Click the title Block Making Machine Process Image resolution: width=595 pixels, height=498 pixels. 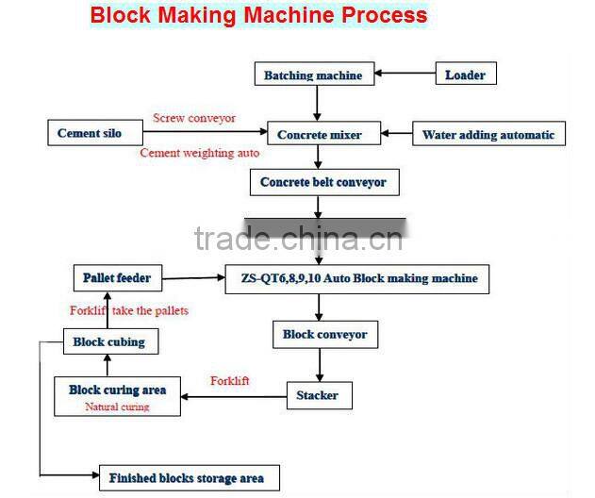258,15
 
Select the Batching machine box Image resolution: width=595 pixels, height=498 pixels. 313,75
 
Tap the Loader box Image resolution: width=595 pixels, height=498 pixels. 465,75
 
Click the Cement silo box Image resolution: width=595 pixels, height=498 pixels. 90,133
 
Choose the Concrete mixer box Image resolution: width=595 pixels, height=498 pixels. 319,134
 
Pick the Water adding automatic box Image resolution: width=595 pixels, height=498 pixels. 488,134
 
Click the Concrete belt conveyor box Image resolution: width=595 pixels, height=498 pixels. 323,182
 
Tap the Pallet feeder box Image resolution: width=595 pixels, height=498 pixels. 116,278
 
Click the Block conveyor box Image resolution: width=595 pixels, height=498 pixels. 325,334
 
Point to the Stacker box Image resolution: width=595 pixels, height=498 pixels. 320,395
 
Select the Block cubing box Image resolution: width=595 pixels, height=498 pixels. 108,341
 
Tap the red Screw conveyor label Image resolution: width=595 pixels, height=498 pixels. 194,118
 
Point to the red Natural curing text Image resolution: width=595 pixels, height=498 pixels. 117,407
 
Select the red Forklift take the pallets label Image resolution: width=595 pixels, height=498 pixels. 128,310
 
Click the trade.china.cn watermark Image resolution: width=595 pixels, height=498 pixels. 297,239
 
